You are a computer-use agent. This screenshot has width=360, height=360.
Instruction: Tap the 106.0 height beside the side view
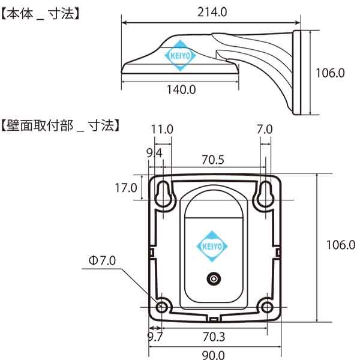pos(331,73)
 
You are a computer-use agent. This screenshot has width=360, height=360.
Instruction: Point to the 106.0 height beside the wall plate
pos(340,244)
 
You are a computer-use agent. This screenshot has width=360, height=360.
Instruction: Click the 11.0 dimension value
pos(162,129)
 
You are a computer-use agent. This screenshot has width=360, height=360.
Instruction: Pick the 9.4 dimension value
pos(154,154)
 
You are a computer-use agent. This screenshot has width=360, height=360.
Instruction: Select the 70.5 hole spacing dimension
pos(212,160)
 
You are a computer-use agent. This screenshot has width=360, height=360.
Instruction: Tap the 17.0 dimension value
pos(125,188)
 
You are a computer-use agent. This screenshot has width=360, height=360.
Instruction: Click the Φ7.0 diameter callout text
pos(103,260)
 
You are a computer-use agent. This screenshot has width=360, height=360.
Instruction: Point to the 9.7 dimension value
pos(155,337)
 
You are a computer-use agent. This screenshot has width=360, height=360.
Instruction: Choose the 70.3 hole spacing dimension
pos(214,337)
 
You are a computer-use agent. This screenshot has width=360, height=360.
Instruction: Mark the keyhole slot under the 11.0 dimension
pos(162,193)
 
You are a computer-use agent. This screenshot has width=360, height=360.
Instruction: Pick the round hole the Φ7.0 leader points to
pos(161,307)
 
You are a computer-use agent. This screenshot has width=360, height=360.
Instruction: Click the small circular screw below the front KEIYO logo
pos(212,279)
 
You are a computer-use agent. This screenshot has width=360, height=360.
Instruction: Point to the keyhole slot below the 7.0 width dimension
pos(265,193)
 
